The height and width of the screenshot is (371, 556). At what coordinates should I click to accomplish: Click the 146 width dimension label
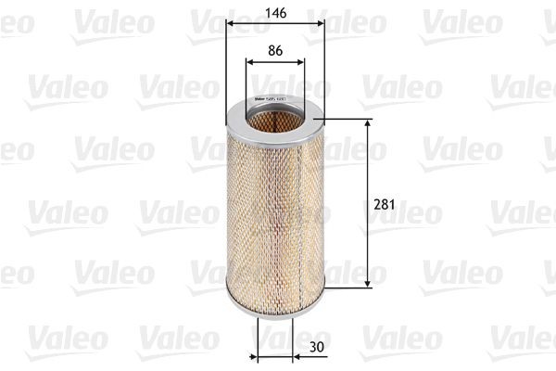(275, 13)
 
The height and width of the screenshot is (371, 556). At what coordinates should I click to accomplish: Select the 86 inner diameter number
(275, 51)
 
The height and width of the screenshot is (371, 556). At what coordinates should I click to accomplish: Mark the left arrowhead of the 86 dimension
(250, 61)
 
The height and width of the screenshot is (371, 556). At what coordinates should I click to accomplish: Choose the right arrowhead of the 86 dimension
(301, 61)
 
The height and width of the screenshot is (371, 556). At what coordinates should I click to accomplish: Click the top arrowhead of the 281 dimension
(369, 124)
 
